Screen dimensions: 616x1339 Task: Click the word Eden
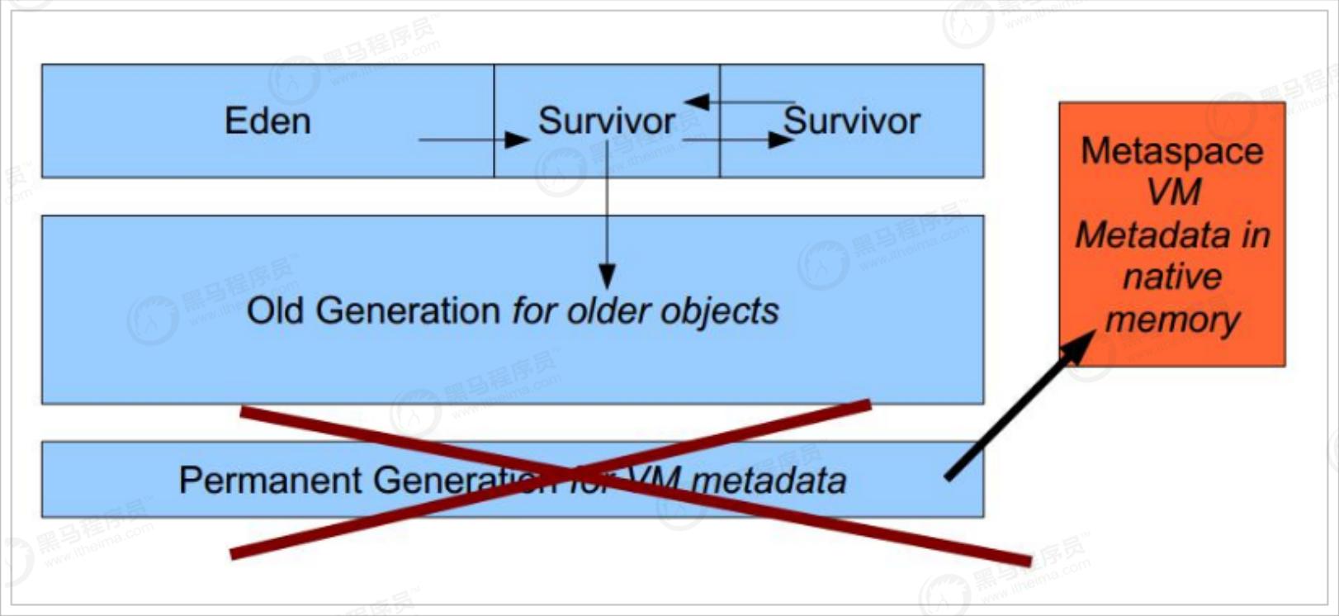click(x=267, y=121)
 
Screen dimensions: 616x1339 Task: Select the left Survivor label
click(x=606, y=121)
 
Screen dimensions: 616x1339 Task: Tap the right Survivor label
click(x=852, y=121)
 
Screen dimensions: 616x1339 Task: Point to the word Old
click(x=277, y=311)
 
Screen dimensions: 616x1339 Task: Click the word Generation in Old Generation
click(x=408, y=311)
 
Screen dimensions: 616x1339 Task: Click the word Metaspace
click(x=1171, y=151)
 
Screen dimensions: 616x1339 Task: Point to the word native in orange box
click(x=1171, y=277)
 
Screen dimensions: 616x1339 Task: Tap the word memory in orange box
click(x=1172, y=320)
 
